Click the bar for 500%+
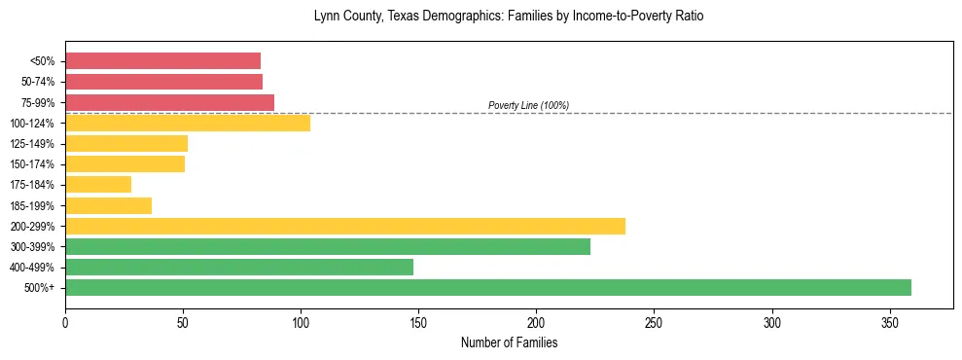click(x=488, y=287)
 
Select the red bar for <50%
click(x=163, y=60)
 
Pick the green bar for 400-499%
click(x=239, y=267)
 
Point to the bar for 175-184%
click(x=98, y=184)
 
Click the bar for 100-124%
click(x=188, y=123)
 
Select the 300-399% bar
click(x=328, y=246)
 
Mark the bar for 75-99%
click(x=170, y=102)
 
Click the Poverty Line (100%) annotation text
click(x=528, y=105)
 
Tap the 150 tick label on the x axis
click(x=418, y=322)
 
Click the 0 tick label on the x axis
click(x=65, y=322)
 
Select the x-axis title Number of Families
click(x=509, y=342)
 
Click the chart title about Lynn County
click(x=509, y=17)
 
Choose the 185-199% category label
click(x=32, y=205)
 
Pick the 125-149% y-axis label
click(x=32, y=143)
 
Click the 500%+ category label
click(x=39, y=288)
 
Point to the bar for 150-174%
click(x=125, y=163)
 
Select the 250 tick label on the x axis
click(x=655, y=322)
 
